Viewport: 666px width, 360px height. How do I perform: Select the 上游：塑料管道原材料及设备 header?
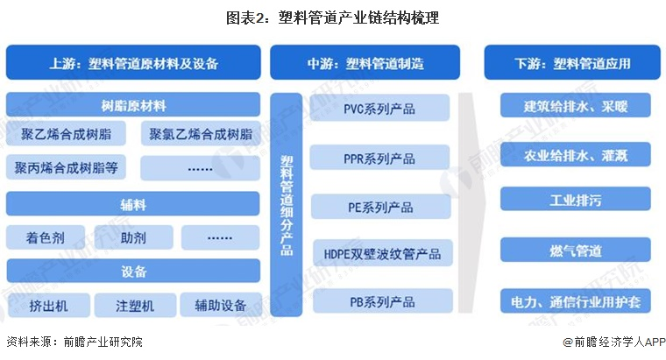pyautogui.click(x=133, y=64)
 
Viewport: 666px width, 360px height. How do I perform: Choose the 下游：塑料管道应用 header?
pyautogui.click(x=573, y=64)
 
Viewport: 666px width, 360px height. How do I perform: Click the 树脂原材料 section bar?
pyautogui.click(x=133, y=106)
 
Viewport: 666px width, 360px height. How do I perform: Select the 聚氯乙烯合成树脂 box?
pyautogui.click(x=201, y=135)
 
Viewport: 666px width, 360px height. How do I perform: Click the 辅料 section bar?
pyautogui.click(x=133, y=205)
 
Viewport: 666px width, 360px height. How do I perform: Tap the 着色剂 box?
pyautogui.click(x=46, y=236)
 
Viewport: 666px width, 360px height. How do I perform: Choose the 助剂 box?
pyautogui.click(x=133, y=236)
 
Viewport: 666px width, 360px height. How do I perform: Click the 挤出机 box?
pyautogui.click(x=46, y=305)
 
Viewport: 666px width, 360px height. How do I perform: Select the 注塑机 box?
pyautogui.click(x=133, y=305)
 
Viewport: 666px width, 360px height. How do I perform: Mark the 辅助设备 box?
pyautogui.click(x=220, y=305)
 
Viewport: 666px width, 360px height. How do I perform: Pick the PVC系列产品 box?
pyautogui.click(x=379, y=109)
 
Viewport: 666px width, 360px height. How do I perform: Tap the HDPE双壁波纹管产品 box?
pyautogui.click(x=379, y=255)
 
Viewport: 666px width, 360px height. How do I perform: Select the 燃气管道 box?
pyautogui.click(x=576, y=251)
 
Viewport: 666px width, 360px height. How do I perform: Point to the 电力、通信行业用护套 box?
pyautogui.click(x=576, y=302)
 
